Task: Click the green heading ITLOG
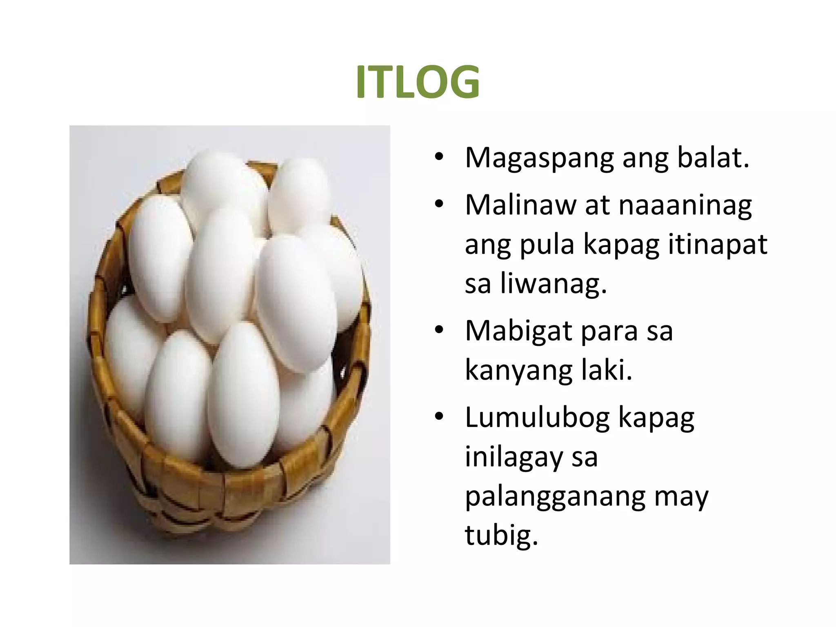tap(418, 82)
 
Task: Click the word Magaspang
tap(539, 158)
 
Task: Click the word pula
tap(547, 245)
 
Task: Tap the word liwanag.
tap(553, 284)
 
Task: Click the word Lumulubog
tap(537, 418)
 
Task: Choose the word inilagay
tap(514, 457)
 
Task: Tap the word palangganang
tap(555, 497)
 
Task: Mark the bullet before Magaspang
tap(439, 157)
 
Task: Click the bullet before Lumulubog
tap(439, 417)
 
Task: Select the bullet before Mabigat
tap(439, 330)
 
